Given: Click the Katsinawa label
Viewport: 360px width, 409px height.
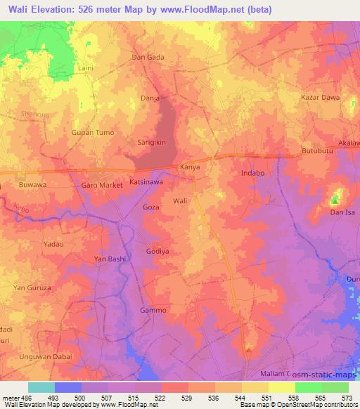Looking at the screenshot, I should [x=146, y=181].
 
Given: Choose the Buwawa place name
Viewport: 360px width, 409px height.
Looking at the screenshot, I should [x=32, y=185].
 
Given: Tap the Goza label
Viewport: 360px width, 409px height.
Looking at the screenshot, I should [x=151, y=209].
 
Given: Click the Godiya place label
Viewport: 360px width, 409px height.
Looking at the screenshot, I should [x=157, y=252].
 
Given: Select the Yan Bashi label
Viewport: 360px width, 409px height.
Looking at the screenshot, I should [x=110, y=259].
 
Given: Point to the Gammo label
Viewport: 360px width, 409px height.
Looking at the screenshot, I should [x=153, y=310].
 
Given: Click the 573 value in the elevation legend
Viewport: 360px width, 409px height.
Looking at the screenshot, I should [x=348, y=398].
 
